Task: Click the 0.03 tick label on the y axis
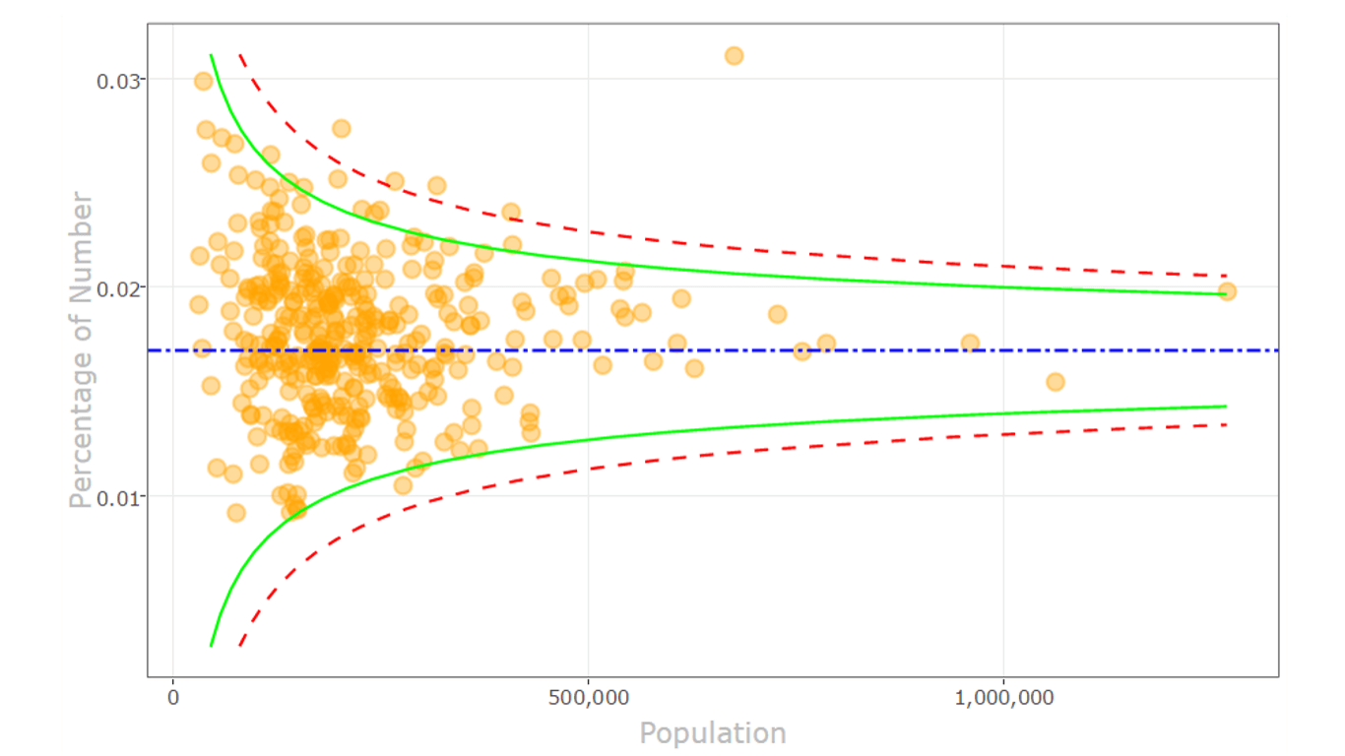[x=116, y=80]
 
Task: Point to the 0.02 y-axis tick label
[x=116, y=287]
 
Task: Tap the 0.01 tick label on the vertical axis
[x=116, y=496]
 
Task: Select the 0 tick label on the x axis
[x=173, y=698]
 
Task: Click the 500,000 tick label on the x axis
[x=588, y=698]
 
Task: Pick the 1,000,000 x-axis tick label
[x=1003, y=698]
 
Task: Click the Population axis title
[x=713, y=733]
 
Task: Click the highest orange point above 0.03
[x=734, y=56]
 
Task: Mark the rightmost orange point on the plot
[x=1227, y=291]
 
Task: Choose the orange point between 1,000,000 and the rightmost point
[x=1056, y=382]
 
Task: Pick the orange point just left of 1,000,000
[x=970, y=344]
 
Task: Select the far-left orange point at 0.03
[x=204, y=81]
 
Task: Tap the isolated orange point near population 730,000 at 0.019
[x=778, y=314]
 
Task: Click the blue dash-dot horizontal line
[x=886, y=350]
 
